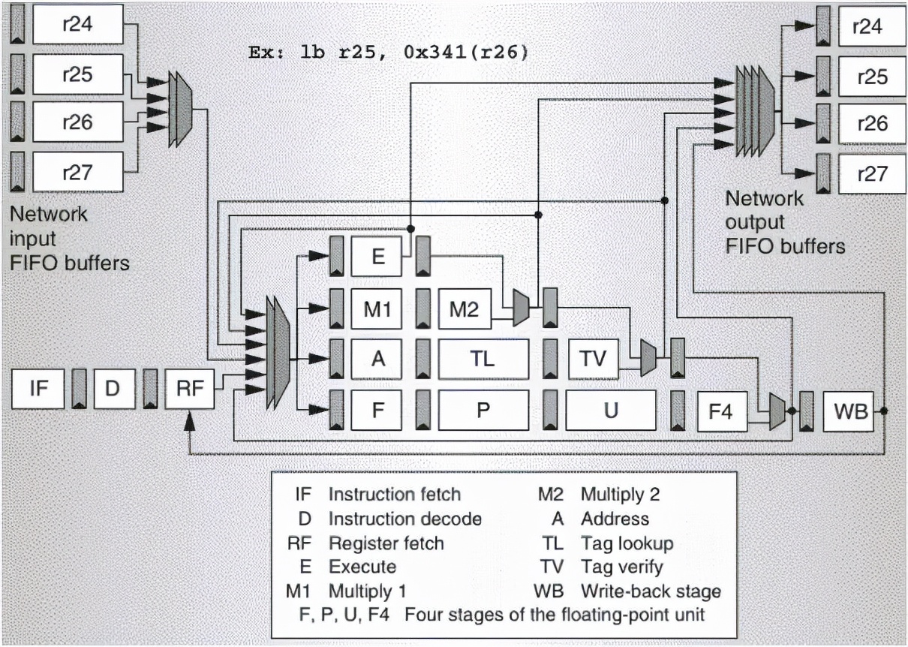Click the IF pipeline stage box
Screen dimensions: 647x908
point(39,389)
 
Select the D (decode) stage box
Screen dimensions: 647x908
point(113,389)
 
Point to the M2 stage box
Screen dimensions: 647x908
point(465,308)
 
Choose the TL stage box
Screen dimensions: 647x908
point(483,359)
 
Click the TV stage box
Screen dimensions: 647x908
point(592,359)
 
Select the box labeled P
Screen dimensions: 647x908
point(483,411)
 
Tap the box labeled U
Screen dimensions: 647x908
point(612,411)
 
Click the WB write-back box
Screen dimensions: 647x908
point(849,411)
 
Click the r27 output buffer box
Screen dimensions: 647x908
point(871,173)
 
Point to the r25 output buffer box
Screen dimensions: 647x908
point(871,77)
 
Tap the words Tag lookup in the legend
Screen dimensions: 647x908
point(627,543)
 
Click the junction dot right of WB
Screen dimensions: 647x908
point(885,411)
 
